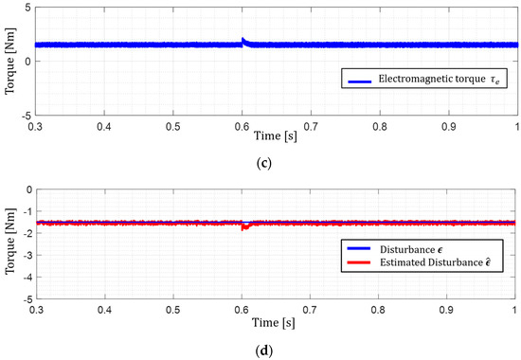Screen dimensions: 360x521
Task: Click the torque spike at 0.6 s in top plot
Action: (243, 41)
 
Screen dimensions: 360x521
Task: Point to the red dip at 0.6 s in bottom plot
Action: (243, 227)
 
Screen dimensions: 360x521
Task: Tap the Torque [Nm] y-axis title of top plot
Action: (9, 61)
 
